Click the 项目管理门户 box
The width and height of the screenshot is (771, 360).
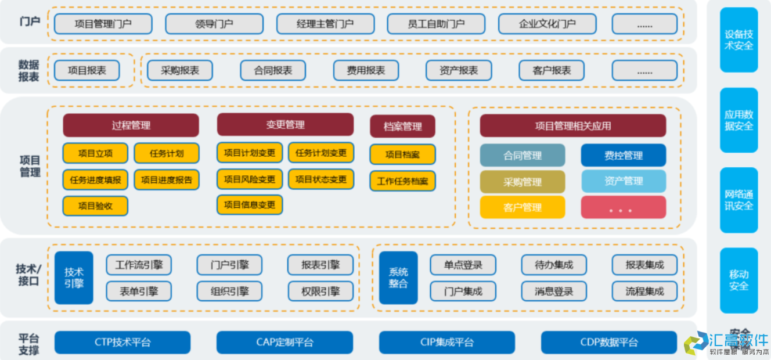(x=103, y=24)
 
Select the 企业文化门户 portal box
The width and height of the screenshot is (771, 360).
(x=547, y=24)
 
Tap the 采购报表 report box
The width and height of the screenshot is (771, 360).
(x=179, y=70)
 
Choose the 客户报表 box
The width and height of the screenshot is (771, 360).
(x=551, y=70)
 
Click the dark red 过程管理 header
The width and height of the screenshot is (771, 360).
(x=131, y=125)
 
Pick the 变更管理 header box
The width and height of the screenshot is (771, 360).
(x=285, y=125)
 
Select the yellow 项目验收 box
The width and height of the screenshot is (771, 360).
(x=95, y=206)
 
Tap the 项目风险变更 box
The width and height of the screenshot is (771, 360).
(x=250, y=179)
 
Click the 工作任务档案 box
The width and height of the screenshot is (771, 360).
(x=402, y=181)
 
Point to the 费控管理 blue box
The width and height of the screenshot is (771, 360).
(x=624, y=156)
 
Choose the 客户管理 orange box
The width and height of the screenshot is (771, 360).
(x=523, y=207)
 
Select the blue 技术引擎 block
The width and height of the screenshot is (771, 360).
(x=74, y=278)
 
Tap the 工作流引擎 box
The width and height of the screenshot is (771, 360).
(x=139, y=265)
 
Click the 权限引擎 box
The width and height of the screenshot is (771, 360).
(x=320, y=291)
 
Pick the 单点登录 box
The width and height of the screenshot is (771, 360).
(x=463, y=265)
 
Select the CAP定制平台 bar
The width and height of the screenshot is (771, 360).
(x=284, y=342)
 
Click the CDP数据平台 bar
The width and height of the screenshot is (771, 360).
(x=608, y=342)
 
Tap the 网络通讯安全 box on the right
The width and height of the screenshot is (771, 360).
(x=738, y=200)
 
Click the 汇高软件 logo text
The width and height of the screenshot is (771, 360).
(x=738, y=340)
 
